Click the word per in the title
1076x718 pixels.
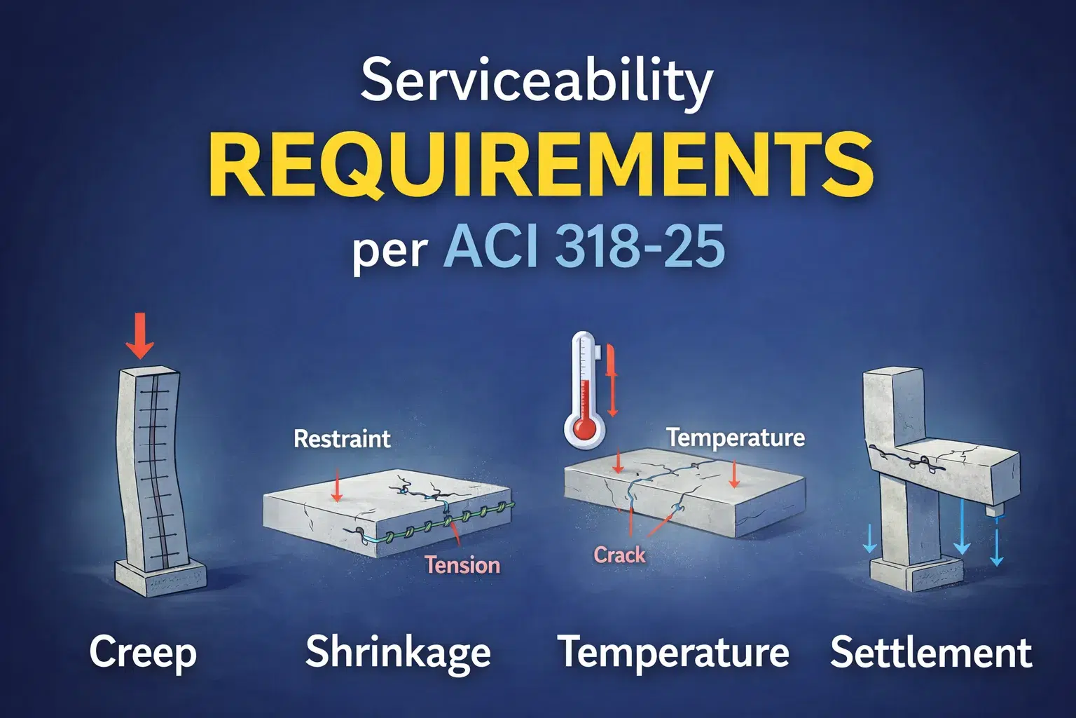point(389,251)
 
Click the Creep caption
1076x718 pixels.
point(143,653)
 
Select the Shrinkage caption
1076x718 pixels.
point(398,653)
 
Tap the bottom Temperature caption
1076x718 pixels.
point(673,653)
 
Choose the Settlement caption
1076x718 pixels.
point(931,653)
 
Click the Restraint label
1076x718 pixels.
point(342,440)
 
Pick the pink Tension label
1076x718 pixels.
point(462,565)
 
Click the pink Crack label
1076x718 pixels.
point(619,555)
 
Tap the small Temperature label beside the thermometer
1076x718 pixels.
point(735,438)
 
